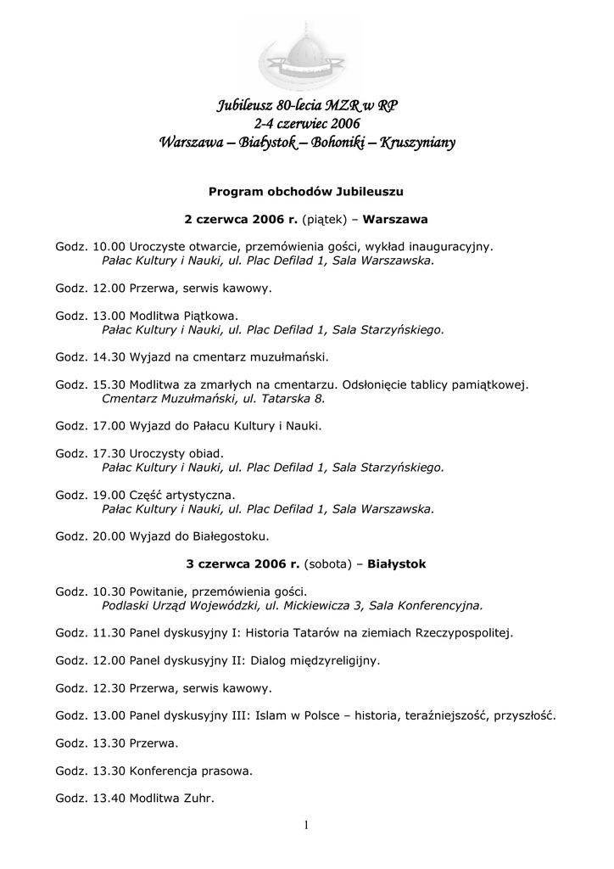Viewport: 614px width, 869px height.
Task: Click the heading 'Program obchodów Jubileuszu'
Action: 306,192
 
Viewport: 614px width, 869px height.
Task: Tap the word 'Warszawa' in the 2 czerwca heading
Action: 394,219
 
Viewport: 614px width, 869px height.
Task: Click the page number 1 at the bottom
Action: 307,826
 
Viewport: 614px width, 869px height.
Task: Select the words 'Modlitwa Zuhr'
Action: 172,798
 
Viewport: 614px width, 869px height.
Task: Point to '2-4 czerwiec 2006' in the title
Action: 307,125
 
